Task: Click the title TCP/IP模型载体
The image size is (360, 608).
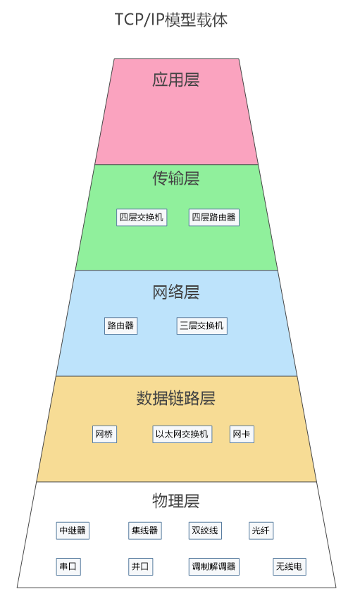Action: click(171, 20)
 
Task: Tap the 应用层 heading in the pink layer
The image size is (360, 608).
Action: click(175, 80)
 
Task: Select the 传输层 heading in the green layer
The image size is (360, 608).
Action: click(175, 178)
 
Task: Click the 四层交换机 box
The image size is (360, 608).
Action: click(142, 218)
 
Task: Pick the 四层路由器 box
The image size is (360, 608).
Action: click(213, 218)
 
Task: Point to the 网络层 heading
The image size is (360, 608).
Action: click(175, 292)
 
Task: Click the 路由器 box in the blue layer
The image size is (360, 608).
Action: click(120, 325)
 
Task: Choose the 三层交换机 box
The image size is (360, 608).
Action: click(201, 325)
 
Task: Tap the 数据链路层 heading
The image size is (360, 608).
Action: click(175, 398)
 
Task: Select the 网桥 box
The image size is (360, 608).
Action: click(104, 434)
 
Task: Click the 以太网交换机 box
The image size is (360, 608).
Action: click(182, 434)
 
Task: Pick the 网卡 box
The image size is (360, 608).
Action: click(242, 434)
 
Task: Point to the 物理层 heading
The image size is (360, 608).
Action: click(175, 501)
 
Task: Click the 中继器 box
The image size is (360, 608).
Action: click(73, 531)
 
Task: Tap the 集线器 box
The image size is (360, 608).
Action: click(144, 531)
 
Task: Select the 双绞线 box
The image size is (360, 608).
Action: click(205, 531)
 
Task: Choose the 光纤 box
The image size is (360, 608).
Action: click(261, 531)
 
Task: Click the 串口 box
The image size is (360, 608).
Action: click(68, 567)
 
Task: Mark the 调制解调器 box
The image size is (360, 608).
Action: click(213, 567)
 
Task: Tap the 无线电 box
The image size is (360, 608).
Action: click(289, 567)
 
